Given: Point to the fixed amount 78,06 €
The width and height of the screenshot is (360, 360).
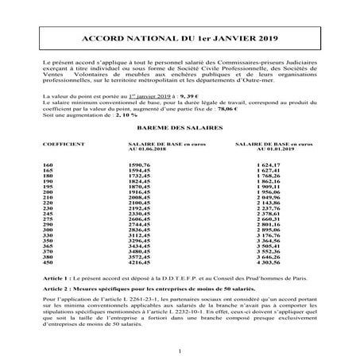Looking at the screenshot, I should click(x=278, y=108).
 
